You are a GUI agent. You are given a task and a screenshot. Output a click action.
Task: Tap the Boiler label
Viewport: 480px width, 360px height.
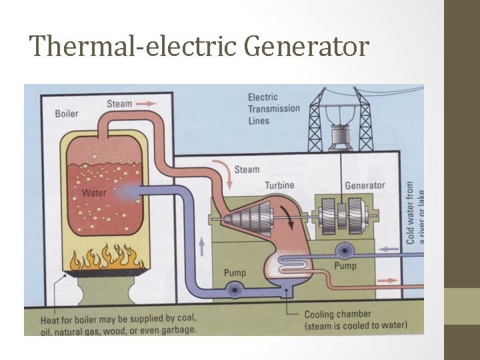point(67,113)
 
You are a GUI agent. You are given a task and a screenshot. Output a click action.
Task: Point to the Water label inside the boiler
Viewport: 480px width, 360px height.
point(94,193)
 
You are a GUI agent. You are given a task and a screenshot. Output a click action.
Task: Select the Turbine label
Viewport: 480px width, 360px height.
point(279,185)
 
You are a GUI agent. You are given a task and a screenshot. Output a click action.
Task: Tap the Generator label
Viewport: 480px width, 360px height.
point(365,185)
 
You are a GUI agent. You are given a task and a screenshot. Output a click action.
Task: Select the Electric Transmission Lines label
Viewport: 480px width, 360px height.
point(274,109)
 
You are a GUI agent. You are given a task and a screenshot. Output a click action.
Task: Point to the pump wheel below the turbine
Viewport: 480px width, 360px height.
point(234,289)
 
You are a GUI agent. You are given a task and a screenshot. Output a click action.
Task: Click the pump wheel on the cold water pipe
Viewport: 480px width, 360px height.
point(345,250)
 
